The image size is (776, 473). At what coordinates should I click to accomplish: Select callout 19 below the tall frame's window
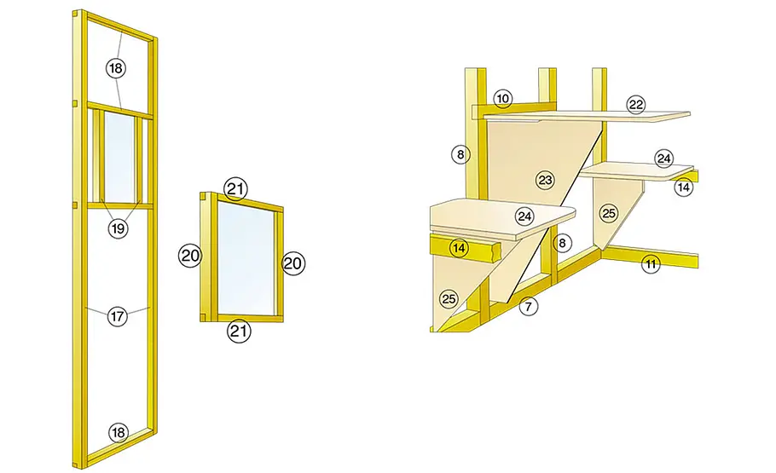(x=118, y=228)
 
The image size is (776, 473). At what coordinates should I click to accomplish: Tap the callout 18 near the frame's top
(x=116, y=68)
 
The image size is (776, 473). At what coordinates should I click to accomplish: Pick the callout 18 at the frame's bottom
(x=118, y=433)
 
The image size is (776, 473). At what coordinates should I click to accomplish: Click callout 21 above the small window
(x=235, y=188)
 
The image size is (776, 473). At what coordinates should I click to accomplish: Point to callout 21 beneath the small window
(x=239, y=331)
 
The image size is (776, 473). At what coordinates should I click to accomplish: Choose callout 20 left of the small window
(x=190, y=256)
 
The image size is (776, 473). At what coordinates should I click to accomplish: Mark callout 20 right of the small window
(x=293, y=263)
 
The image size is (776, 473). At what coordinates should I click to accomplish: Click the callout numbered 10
(x=503, y=99)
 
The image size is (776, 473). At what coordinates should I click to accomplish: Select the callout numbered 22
(x=636, y=105)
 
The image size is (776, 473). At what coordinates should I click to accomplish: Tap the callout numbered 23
(x=546, y=180)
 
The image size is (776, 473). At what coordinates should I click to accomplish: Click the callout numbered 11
(x=651, y=264)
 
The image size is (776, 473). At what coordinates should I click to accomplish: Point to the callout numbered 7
(x=529, y=307)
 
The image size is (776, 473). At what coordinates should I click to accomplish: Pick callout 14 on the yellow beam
(x=459, y=247)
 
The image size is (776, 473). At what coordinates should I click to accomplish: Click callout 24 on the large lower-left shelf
(x=524, y=216)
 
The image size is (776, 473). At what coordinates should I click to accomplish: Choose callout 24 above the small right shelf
(x=663, y=159)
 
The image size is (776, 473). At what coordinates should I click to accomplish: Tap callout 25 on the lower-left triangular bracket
(x=449, y=299)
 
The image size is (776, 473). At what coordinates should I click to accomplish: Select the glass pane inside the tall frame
(x=119, y=156)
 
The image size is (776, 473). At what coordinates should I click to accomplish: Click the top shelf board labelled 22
(x=587, y=116)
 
